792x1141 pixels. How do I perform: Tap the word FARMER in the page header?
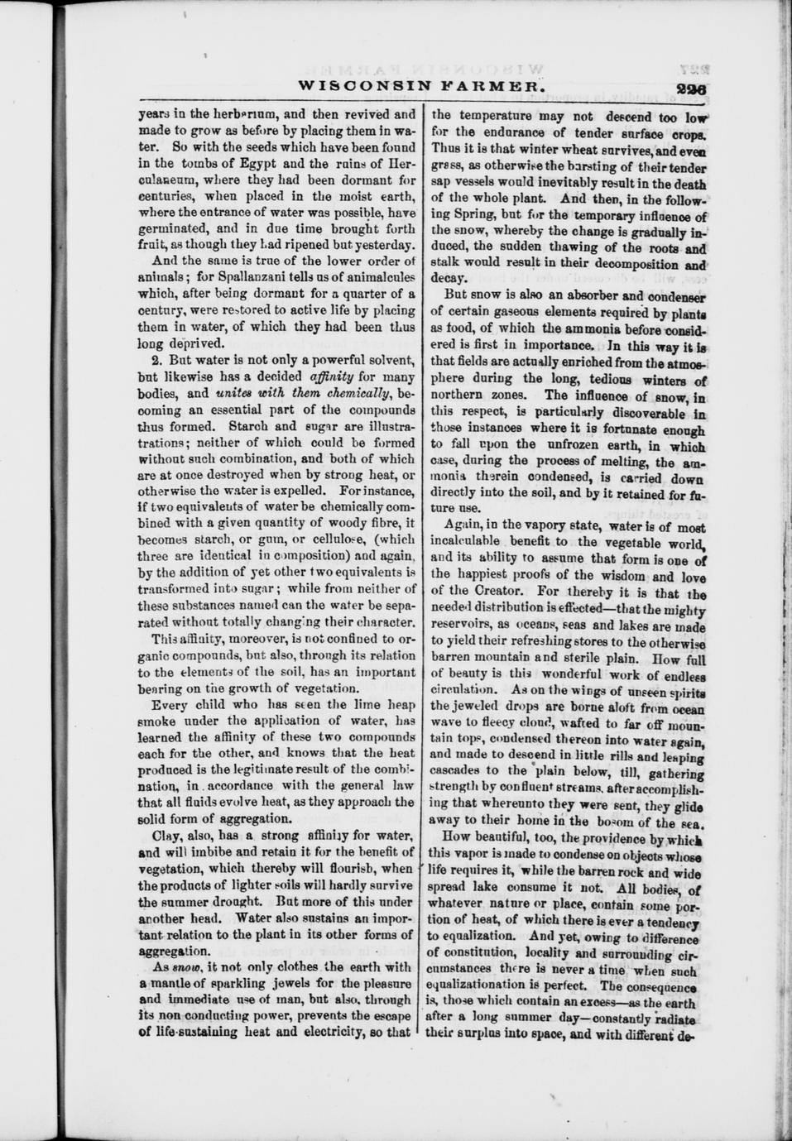[485, 85]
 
